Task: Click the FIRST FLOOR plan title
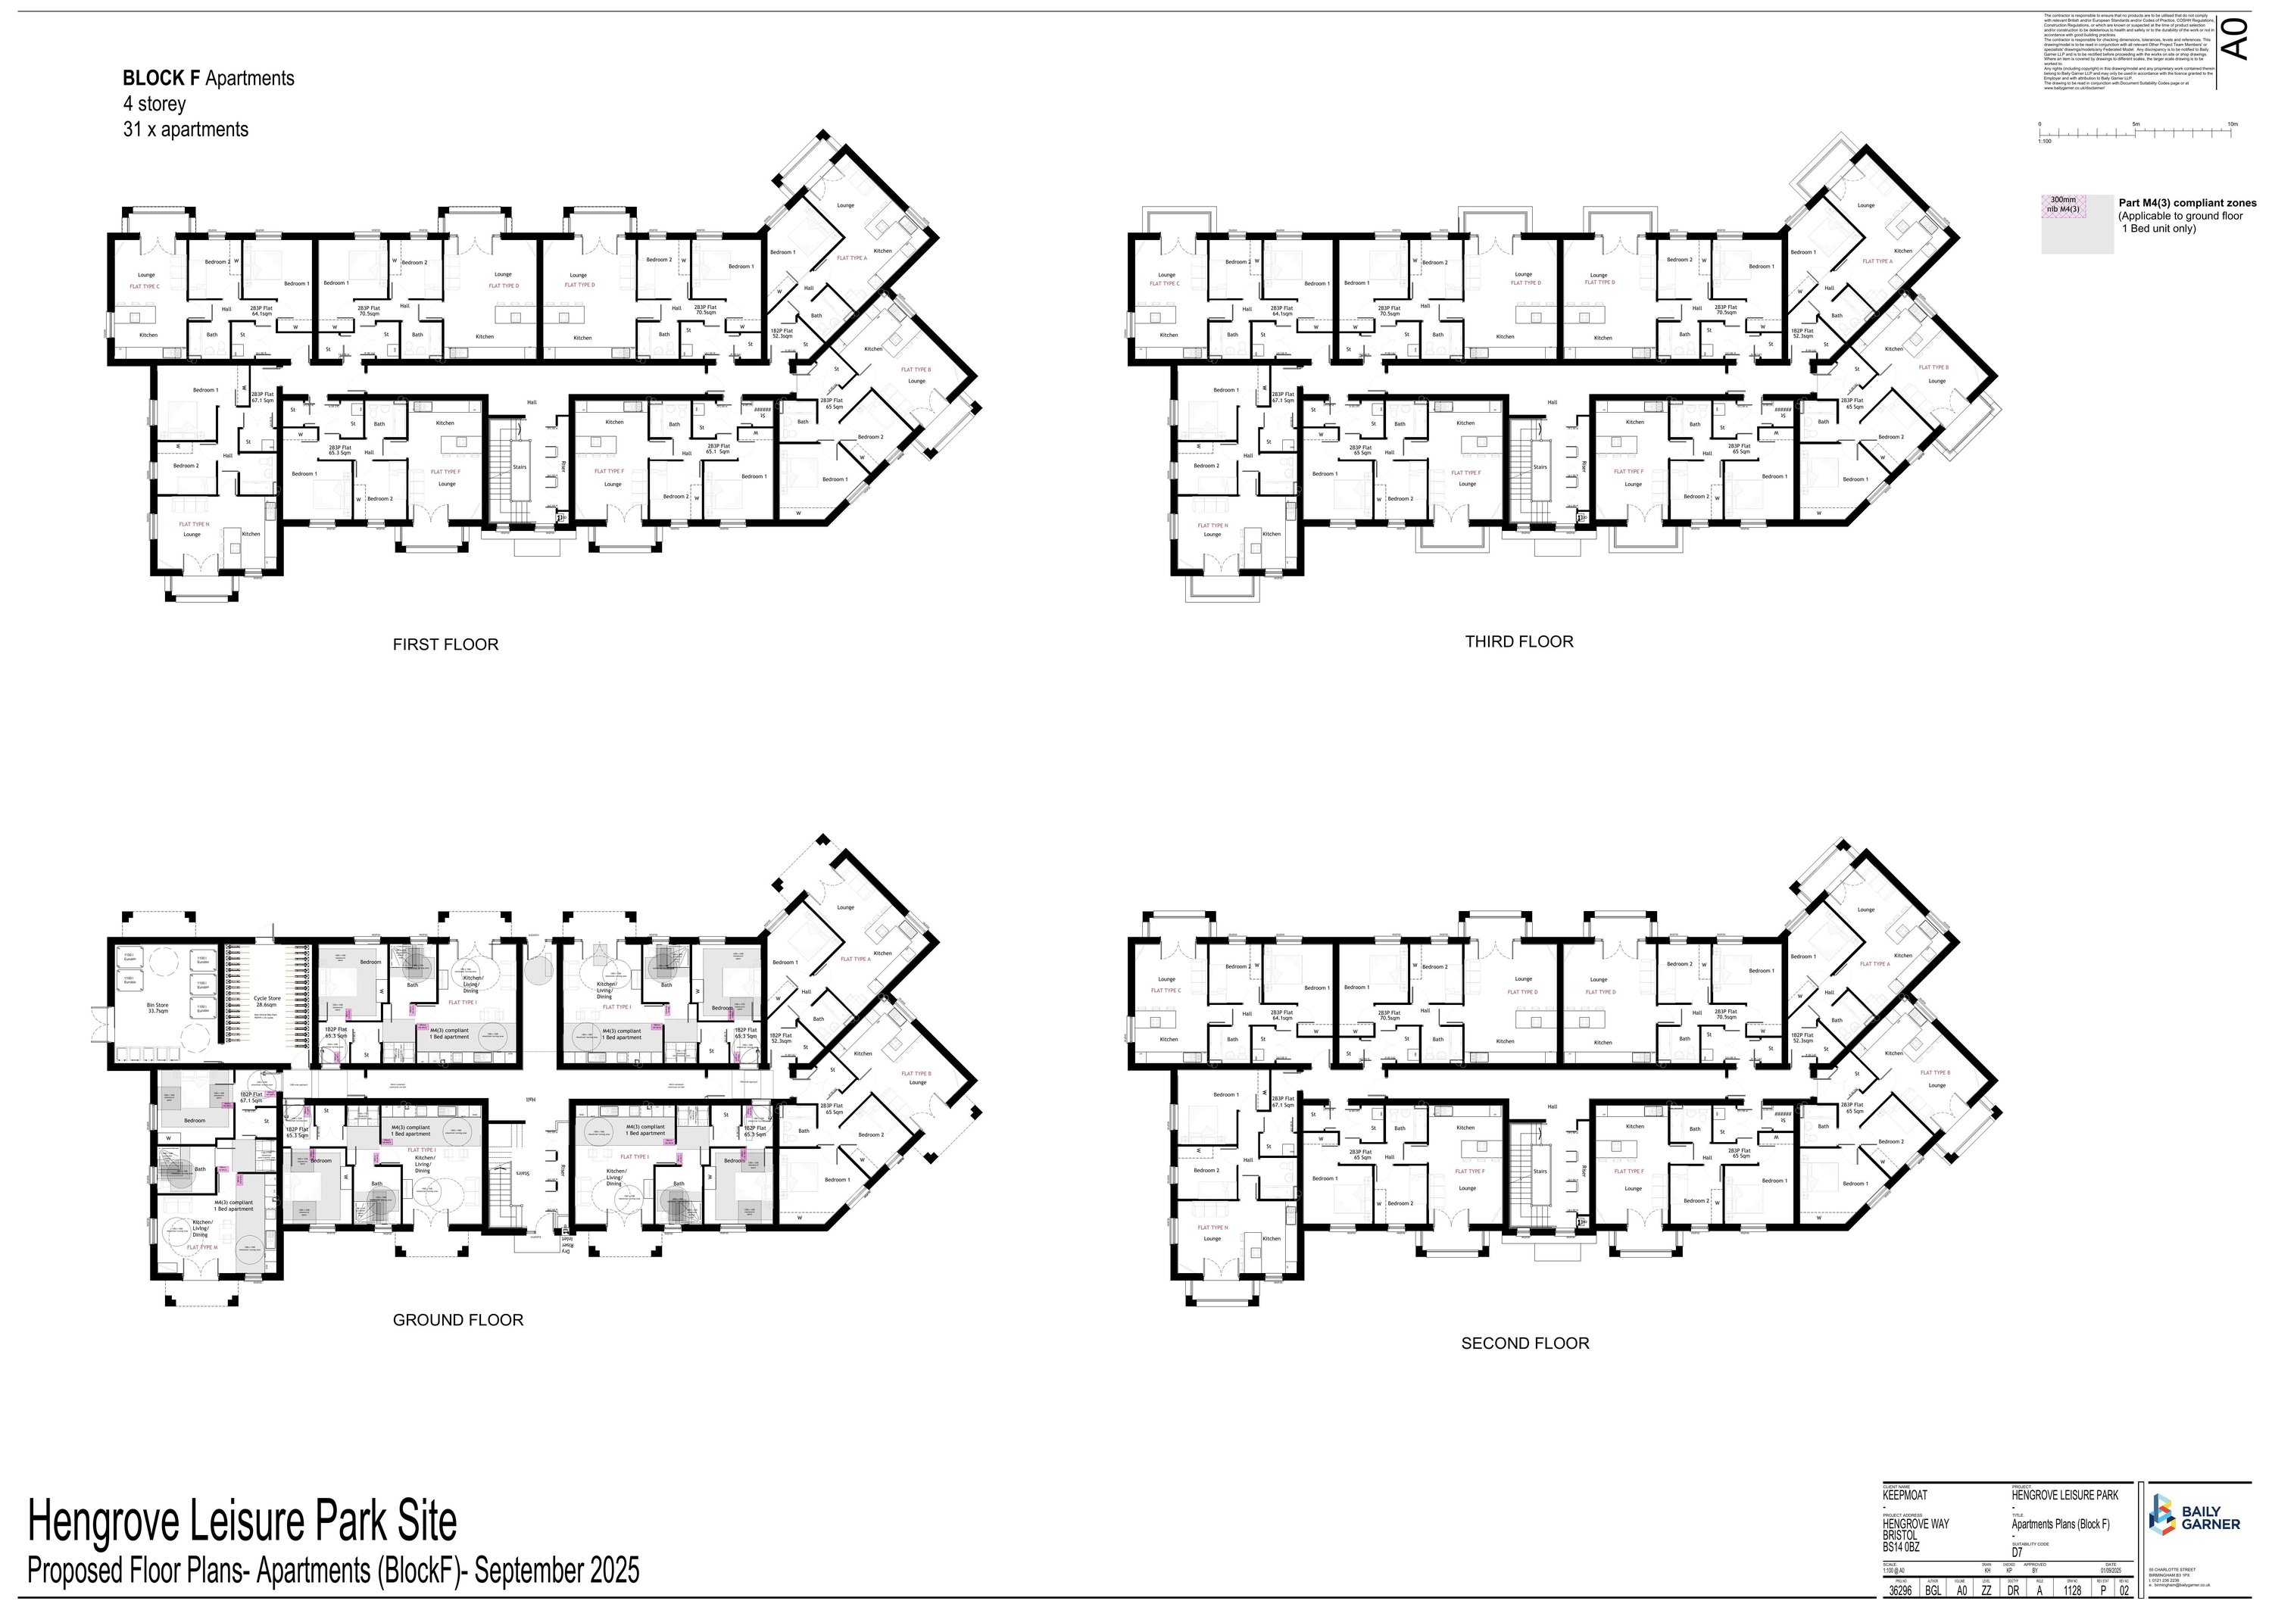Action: coord(445,644)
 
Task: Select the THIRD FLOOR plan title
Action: coord(1519,641)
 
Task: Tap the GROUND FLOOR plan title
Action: coord(458,1319)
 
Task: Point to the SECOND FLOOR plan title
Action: coord(1525,1343)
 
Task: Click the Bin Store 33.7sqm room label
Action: coord(158,1007)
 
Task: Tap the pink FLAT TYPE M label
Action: coord(202,1247)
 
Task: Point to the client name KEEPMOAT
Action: coord(1905,1495)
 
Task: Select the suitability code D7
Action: coord(2017,1552)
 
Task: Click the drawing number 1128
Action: coord(2072,1592)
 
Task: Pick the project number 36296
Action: coord(1900,1592)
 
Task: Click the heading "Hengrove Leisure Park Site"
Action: coord(242,1522)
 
